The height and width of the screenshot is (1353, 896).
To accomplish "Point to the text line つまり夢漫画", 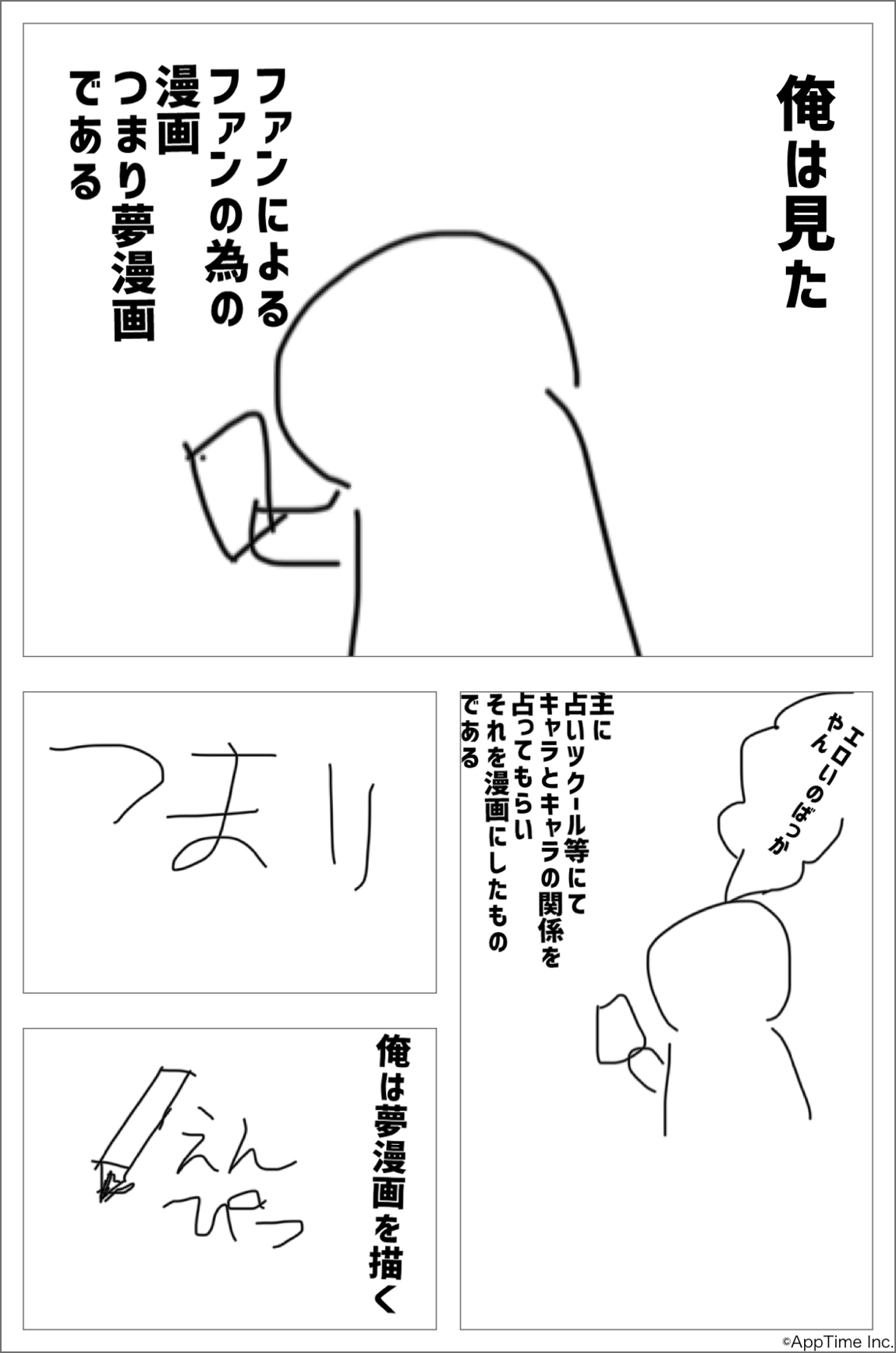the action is click(x=134, y=207).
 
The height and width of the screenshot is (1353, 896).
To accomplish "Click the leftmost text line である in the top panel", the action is click(x=87, y=136).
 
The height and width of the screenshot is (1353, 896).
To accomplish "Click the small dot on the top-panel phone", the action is click(x=202, y=458).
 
